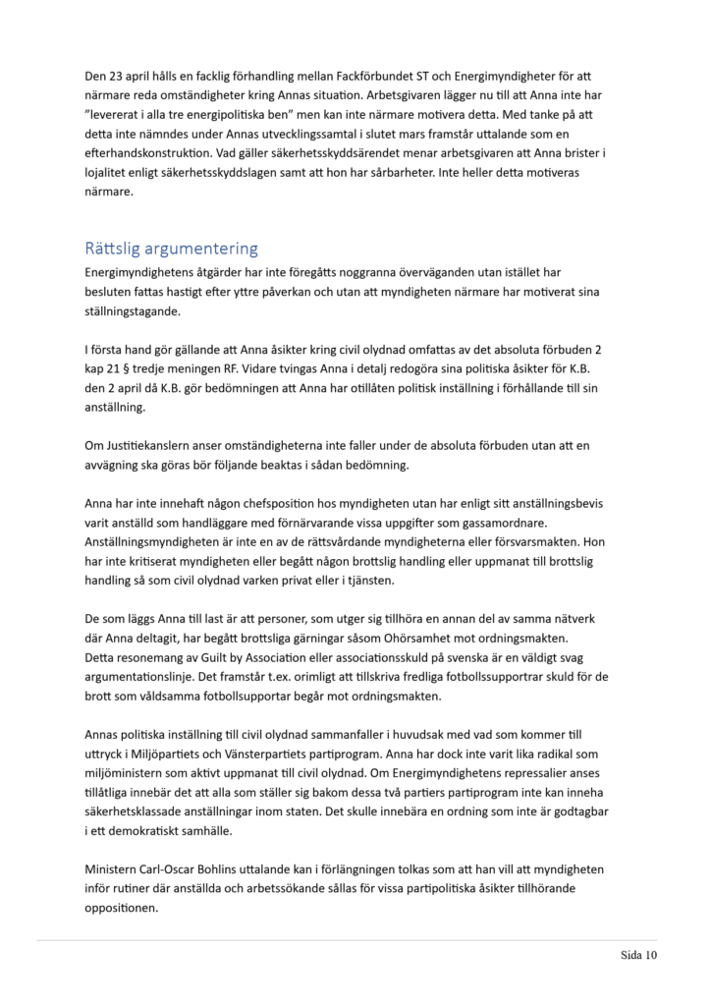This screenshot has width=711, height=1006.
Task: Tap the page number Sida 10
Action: tap(638, 953)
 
